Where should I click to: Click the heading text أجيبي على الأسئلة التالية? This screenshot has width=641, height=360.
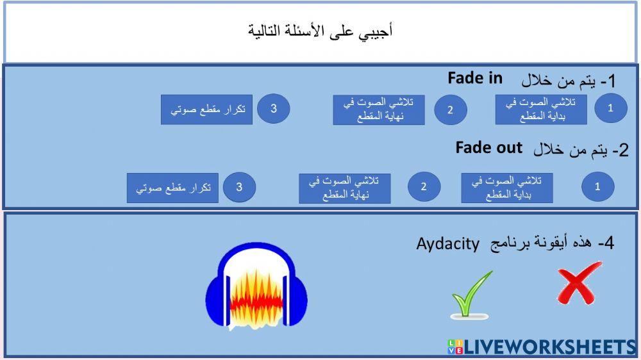click(320, 30)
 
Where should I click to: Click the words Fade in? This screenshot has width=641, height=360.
click(475, 78)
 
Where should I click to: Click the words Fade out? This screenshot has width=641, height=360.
click(489, 147)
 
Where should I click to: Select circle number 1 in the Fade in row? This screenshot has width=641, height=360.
click(610, 108)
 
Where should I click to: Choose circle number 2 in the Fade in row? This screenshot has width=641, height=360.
click(450, 110)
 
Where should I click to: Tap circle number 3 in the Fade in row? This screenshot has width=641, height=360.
click(273, 108)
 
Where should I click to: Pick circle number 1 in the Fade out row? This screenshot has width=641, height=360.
click(597, 187)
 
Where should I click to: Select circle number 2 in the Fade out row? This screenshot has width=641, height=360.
click(424, 187)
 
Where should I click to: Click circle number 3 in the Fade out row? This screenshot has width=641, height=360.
click(239, 187)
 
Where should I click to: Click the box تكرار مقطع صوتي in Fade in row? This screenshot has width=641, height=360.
click(207, 110)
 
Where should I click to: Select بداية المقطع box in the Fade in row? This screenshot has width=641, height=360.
click(541, 110)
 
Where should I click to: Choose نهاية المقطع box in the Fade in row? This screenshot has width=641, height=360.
click(379, 110)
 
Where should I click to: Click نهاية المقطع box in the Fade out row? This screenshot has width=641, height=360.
click(344, 188)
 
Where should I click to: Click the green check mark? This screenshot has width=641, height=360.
click(472, 294)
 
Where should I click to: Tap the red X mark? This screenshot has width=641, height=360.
click(578, 282)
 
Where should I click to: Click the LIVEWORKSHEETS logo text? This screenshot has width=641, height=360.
click(548, 347)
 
